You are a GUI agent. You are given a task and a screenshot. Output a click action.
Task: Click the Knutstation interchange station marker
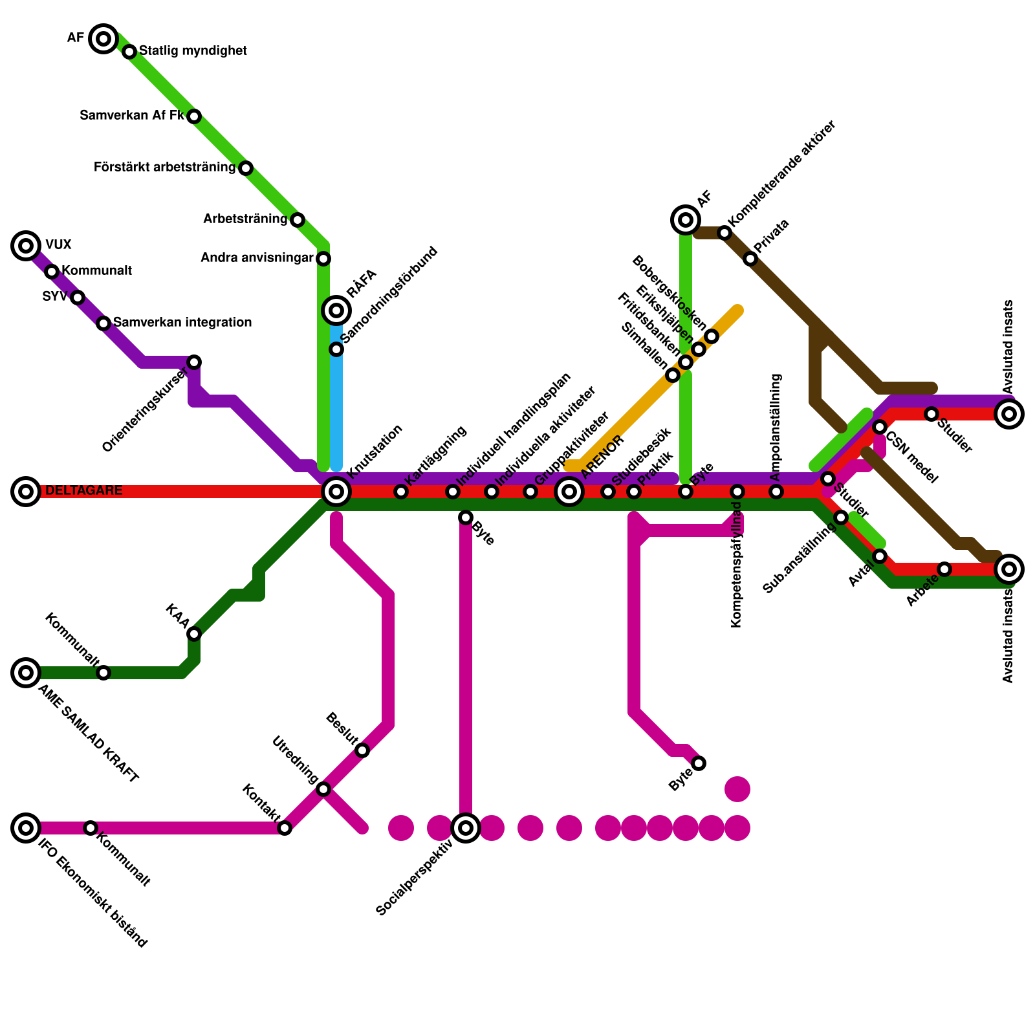336,492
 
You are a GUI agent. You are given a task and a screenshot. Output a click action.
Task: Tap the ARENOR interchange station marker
569,492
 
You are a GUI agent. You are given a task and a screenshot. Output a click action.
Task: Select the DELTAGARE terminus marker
26,492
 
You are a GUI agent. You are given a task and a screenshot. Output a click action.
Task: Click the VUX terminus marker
26,246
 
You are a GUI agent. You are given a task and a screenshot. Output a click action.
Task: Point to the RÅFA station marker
336,310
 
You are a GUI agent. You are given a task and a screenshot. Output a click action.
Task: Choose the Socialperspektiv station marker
466,828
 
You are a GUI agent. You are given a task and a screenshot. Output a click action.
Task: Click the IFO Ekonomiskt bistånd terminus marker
26,828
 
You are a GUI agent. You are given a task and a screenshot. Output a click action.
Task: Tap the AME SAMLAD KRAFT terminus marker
26,673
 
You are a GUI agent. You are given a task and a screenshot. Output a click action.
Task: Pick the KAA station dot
194,634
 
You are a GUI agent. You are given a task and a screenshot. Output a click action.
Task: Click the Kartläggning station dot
401,492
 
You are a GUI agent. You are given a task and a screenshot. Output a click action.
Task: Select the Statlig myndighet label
193,50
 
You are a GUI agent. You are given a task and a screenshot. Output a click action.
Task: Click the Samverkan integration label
182,322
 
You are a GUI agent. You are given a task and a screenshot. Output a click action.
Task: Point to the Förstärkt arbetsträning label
164,168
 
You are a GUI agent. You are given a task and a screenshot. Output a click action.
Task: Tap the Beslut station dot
362,750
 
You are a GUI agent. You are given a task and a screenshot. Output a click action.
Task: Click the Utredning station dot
323,789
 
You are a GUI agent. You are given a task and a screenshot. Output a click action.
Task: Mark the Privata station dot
750,259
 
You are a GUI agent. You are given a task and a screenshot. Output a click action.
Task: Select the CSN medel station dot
880,427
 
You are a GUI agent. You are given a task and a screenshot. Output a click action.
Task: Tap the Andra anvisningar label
257,258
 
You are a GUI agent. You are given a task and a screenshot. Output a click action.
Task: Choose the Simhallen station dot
673,375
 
